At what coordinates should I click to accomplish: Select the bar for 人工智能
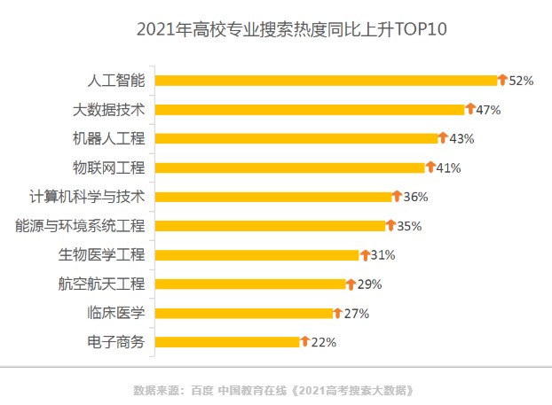pyautogui.click(x=326, y=81)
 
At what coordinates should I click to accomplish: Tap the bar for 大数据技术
pyautogui.click(x=310, y=110)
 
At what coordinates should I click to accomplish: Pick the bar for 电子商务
pyautogui.click(x=227, y=342)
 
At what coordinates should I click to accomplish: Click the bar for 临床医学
pyautogui.click(x=243, y=313)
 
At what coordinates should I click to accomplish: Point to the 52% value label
pyautogui.click(x=521, y=81)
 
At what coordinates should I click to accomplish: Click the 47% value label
pyautogui.click(x=489, y=110)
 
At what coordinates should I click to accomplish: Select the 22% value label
pyautogui.click(x=324, y=342)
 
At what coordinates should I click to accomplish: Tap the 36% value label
pyautogui.click(x=415, y=197)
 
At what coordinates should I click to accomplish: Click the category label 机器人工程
pyautogui.click(x=107, y=139)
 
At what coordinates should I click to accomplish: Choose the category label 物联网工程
pyautogui.click(x=107, y=167)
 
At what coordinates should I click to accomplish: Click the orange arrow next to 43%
pyautogui.click(x=444, y=138)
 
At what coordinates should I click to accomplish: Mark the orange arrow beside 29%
pyautogui.click(x=350, y=284)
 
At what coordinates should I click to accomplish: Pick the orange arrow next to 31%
pyautogui.click(x=364, y=254)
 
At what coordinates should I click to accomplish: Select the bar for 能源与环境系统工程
pyautogui.click(x=270, y=226)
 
